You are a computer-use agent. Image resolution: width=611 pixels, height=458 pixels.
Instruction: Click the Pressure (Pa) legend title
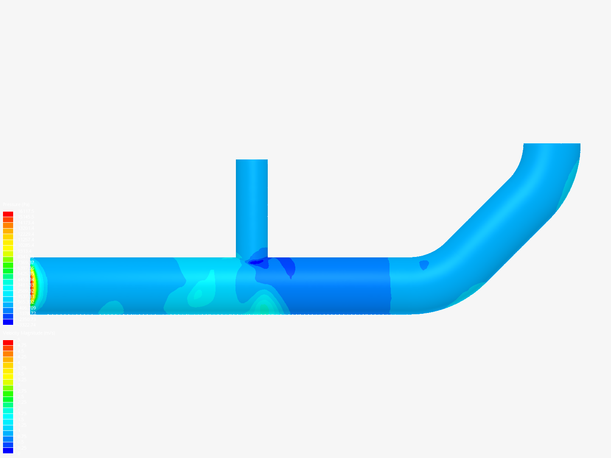(16, 205)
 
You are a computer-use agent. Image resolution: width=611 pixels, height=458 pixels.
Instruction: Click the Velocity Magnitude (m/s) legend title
(29, 333)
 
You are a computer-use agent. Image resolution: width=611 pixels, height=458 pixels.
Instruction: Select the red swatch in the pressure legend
(8, 214)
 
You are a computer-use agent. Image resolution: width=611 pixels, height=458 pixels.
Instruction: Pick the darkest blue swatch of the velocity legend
(8, 450)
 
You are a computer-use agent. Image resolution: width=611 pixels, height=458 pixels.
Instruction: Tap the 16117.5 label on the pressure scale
(25, 211)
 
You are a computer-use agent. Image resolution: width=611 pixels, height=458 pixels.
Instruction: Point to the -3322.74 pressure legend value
(26, 324)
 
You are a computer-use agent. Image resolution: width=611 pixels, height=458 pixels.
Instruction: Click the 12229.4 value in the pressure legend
(25, 234)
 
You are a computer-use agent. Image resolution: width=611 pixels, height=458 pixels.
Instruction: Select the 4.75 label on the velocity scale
(21, 345)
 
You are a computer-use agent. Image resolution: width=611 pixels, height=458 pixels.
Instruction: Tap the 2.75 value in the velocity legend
(21, 391)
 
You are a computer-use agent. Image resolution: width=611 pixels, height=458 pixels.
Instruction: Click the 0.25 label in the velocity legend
(21, 447)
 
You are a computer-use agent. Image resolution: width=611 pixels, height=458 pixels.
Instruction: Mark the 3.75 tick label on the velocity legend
(21, 368)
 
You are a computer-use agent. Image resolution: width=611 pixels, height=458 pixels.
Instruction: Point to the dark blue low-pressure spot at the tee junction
(256, 262)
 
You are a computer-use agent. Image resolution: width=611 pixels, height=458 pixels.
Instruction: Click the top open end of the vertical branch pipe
(252, 160)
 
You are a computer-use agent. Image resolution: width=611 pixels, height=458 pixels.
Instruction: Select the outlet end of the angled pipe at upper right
(552, 145)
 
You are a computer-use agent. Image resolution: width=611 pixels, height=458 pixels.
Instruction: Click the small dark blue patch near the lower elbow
(423, 265)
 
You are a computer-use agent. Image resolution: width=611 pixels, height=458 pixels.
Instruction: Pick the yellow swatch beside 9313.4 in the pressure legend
(8, 251)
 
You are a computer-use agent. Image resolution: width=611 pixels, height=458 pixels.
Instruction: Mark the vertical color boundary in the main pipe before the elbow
(390, 285)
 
